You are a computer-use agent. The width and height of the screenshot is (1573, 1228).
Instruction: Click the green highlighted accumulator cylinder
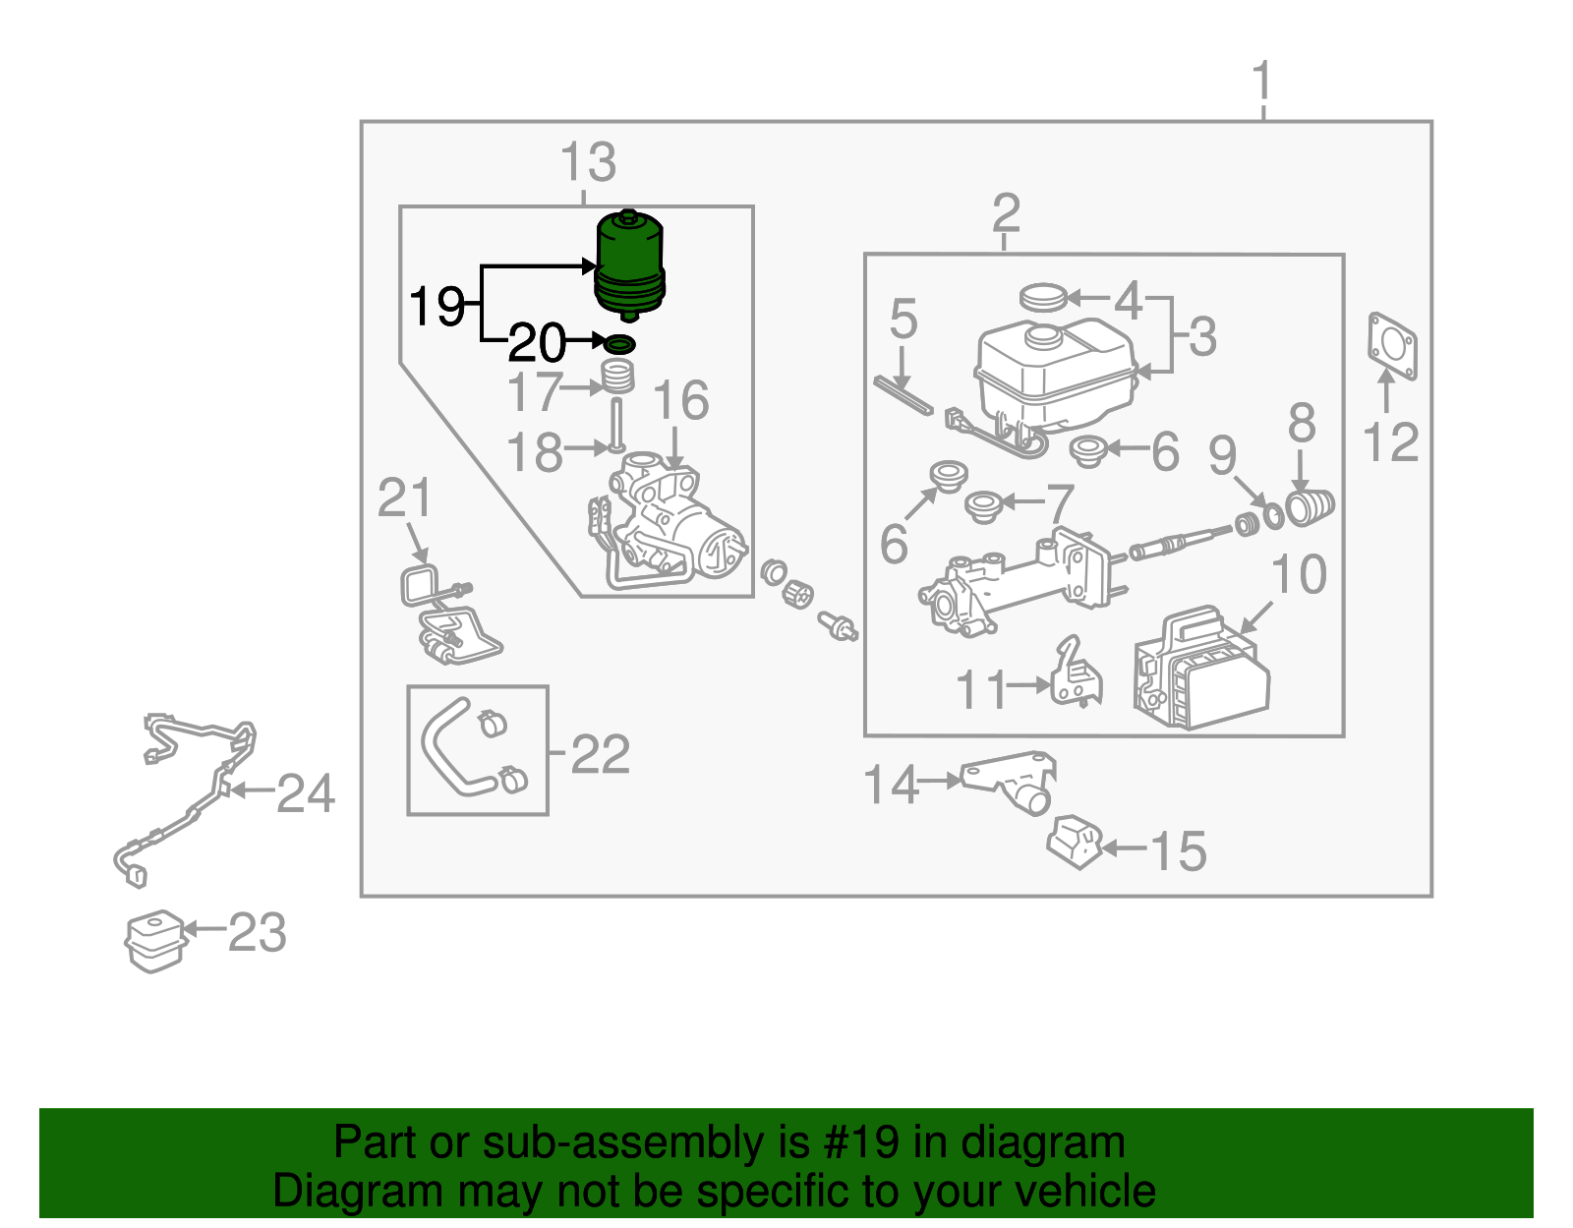pyautogui.click(x=630, y=263)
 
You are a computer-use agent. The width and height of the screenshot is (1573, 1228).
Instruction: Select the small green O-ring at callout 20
pyautogui.click(x=620, y=344)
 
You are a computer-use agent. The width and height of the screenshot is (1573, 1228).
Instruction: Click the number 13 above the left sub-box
pyautogui.click(x=588, y=163)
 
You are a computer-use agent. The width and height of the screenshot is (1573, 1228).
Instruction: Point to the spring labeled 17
pyautogui.click(x=617, y=377)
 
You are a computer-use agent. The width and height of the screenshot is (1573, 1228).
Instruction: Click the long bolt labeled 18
pyautogui.click(x=616, y=423)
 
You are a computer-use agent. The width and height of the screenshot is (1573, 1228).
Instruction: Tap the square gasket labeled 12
pyautogui.click(x=1392, y=345)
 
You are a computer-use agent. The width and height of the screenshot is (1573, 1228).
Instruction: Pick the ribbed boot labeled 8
pyautogui.click(x=1310, y=506)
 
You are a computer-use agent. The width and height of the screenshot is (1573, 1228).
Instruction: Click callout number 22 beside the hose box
pyautogui.click(x=600, y=755)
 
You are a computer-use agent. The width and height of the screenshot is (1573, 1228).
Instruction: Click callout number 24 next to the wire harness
pyautogui.click(x=306, y=793)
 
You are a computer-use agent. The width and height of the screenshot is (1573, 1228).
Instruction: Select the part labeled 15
pyautogui.click(x=1076, y=843)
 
